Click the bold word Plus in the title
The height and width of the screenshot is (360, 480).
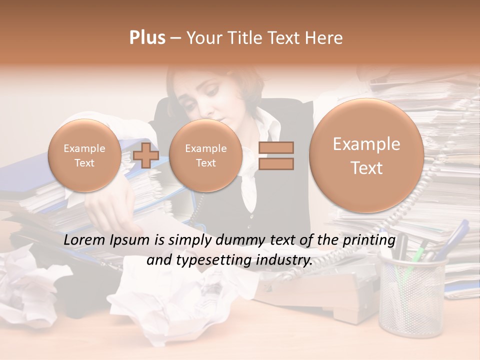coord(147,38)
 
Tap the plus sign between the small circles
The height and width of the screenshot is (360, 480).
coord(146,155)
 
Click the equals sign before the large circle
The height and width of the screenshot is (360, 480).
coord(276,155)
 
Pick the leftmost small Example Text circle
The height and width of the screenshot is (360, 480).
coord(84,155)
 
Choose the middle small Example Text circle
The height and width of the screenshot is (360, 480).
coord(205,155)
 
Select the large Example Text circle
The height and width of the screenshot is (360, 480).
coord(366,155)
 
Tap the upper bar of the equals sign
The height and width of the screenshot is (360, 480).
coord(276,147)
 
